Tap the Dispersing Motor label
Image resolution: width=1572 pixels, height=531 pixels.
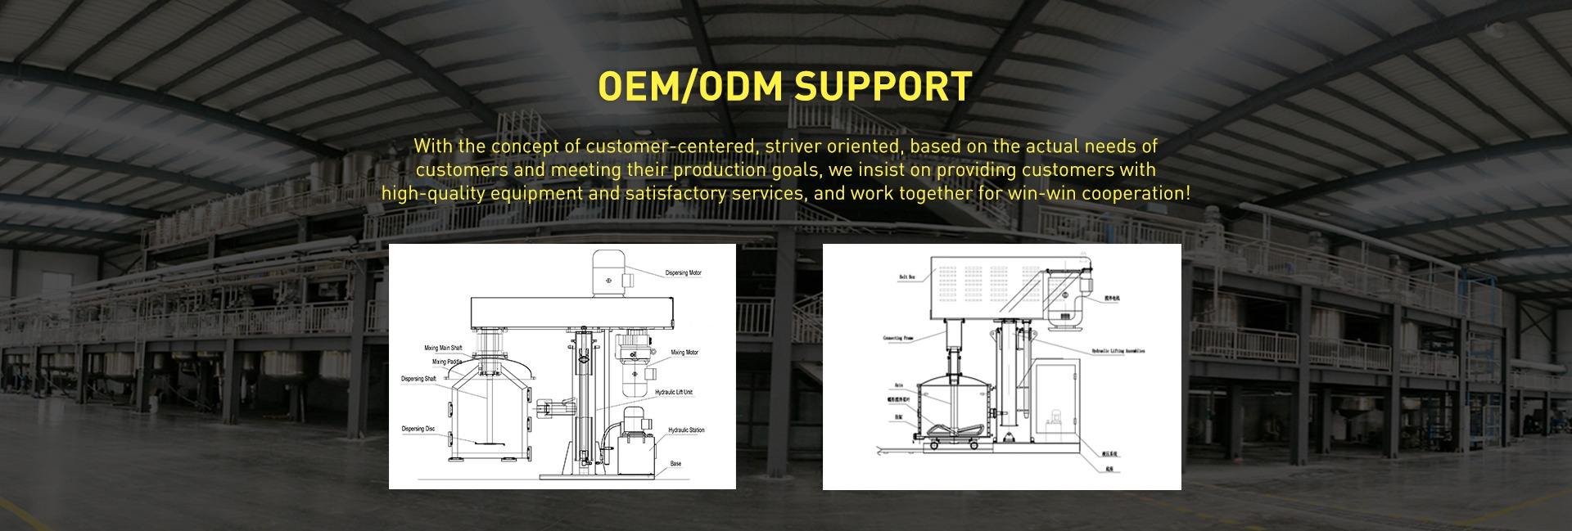tap(683, 272)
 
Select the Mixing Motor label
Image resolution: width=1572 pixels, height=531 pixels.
tap(684, 353)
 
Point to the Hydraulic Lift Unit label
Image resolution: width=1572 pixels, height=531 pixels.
tap(674, 392)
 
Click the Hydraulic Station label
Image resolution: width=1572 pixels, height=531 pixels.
tap(686, 430)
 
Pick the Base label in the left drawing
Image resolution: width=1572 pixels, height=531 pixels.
tap(675, 464)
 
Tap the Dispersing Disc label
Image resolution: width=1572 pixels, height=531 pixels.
tap(418, 429)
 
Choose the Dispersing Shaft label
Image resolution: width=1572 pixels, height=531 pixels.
tap(418, 379)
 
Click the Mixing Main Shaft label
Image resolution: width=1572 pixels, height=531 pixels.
tap(443, 348)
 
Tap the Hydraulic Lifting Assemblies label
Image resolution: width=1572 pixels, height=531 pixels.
tap(1118, 350)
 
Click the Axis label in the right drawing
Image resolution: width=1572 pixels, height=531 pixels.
tap(898, 383)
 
